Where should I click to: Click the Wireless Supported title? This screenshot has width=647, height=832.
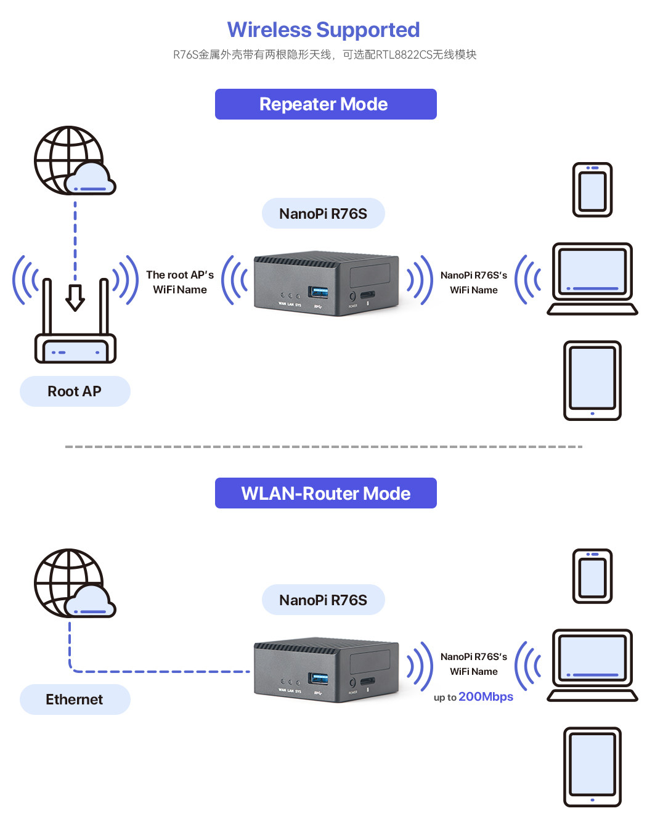coord(323,30)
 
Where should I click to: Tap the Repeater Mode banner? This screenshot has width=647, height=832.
coord(325,104)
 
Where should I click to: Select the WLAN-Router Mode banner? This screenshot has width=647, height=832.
coord(325,493)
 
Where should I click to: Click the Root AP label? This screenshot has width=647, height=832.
coord(75,391)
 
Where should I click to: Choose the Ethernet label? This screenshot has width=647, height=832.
coord(75,699)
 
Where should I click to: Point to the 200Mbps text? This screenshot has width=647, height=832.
coord(486,696)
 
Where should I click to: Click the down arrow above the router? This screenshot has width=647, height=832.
coord(75,297)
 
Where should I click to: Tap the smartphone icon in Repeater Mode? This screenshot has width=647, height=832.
coord(592,190)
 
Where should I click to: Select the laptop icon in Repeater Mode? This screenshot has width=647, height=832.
coord(592,279)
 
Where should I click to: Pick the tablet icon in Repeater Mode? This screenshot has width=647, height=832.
coord(592,380)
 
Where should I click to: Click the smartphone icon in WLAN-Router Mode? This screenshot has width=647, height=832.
coord(592,576)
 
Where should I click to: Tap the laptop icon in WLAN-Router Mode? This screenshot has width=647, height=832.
coord(592,665)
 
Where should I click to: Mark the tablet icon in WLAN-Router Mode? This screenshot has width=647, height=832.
coord(592,767)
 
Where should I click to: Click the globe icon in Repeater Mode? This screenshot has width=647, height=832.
coord(69,160)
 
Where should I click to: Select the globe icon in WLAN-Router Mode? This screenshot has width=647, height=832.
coord(69,583)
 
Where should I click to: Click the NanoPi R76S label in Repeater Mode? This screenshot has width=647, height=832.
coord(323,213)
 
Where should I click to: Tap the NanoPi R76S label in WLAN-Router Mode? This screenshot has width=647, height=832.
coord(323,600)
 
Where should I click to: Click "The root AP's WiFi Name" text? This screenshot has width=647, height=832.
coord(180,282)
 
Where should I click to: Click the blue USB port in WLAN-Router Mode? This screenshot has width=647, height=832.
coord(319,678)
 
